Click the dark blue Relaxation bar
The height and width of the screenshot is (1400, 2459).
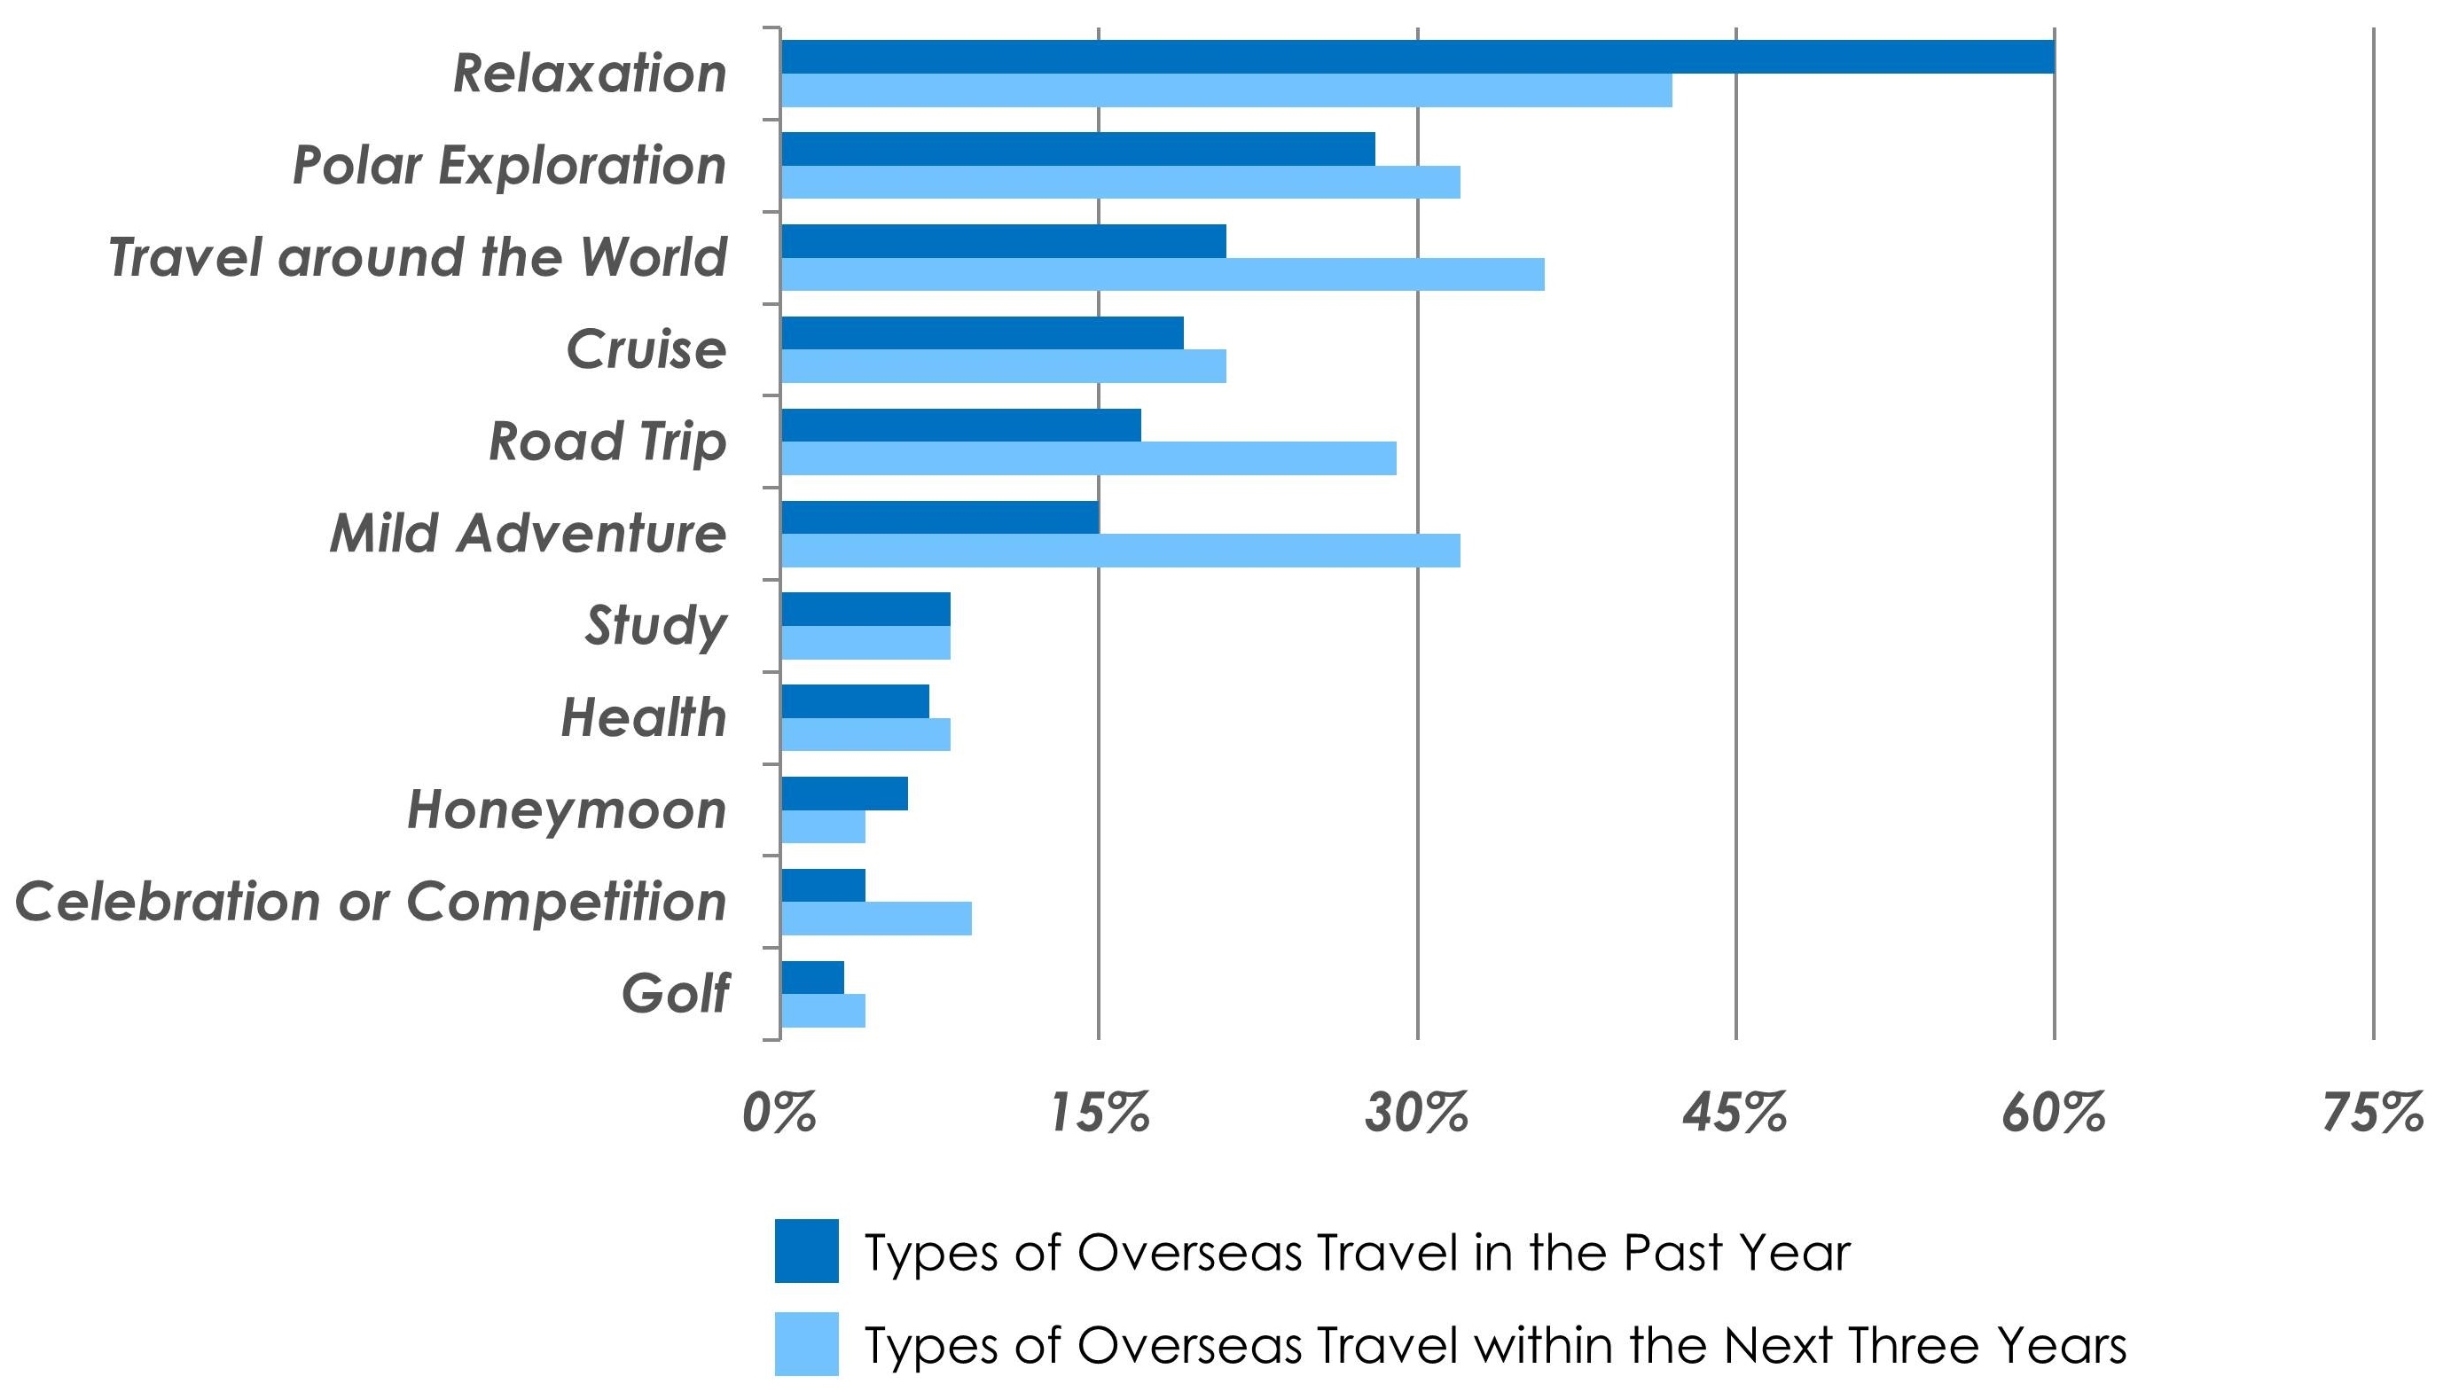pos(1416,57)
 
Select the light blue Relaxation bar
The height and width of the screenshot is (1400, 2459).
pos(1226,90)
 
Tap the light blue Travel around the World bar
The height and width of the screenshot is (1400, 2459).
pos(1162,274)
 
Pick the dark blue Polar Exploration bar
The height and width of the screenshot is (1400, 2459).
pos(1077,149)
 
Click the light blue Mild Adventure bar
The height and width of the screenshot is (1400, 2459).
pos(1120,551)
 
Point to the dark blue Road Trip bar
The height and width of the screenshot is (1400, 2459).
pos(960,425)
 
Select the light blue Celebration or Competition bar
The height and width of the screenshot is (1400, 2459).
pos(876,919)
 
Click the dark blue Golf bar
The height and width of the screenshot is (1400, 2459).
pos(812,978)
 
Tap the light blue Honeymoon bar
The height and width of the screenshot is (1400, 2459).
pos(823,827)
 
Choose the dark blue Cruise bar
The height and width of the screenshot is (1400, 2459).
pos(982,332)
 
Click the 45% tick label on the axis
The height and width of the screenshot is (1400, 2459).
pos(1735,1114)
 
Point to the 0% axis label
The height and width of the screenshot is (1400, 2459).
pos(779,1114)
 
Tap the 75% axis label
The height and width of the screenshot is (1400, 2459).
pos(2372,1114)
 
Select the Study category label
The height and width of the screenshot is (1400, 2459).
pos(656,626)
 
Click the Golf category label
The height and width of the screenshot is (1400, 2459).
pos(675,993)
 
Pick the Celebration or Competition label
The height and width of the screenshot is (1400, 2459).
pos(372,902)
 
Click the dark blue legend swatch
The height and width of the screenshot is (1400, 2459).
pos(806,1251)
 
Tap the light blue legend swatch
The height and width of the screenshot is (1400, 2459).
pos(806,1343)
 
